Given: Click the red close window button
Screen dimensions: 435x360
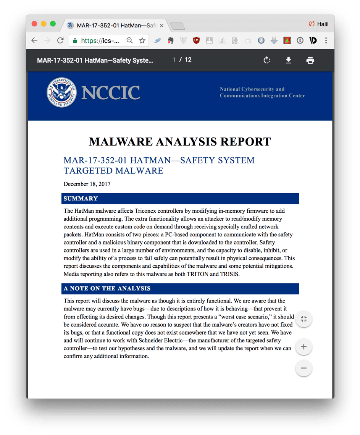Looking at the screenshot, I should click(x=34, y=24).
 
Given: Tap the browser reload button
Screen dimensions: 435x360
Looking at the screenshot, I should click(x=60, y=40).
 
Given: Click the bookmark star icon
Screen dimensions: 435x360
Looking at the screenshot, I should click(x=142, y=40).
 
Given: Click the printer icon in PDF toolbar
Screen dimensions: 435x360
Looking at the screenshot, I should click(x=310, y=60).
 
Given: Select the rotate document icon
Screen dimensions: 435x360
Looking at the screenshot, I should click(x=267, y=60).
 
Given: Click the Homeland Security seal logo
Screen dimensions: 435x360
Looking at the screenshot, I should click(x=61, y=93).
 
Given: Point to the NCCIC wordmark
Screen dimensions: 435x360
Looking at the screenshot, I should click(x=110, y=93).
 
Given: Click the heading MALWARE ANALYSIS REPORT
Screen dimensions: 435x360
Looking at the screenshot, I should click(x=180, y=142).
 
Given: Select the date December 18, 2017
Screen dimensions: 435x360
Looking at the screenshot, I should click(x=87, y=184).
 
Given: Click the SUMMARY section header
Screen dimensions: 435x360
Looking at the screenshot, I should click(x=81, y=199).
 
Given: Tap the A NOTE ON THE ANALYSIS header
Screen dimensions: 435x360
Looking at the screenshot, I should click(x=107, y=289).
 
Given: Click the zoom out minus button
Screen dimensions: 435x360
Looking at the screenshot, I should click(x=304, y=368).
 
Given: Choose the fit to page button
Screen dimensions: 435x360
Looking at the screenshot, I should click(x=304, y=319).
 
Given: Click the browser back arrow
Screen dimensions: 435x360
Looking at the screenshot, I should click(x=34, y=40).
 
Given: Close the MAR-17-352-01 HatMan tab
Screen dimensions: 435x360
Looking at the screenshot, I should click(x=161, y=26).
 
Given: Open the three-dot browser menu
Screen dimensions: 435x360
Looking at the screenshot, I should click(x=326, y=40).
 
